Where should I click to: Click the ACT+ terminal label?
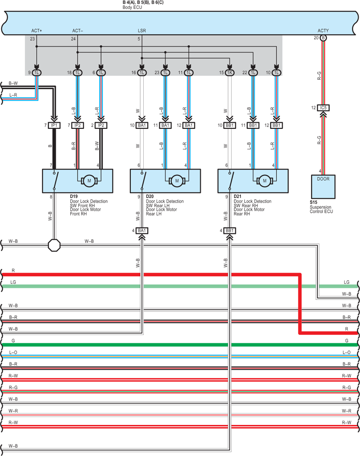(x=36, y=31)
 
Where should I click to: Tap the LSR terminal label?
(x=142, y=31)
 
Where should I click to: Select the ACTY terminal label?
(x=323, y=31)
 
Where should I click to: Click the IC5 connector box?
(x=323, y=108)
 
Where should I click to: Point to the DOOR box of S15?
(x=323, y=187)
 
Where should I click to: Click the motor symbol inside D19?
(x=89, y=181)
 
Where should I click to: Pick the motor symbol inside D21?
(x=264, y=181)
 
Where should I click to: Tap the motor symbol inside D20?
(x=177, y=181)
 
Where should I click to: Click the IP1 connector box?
(x=54, y=125)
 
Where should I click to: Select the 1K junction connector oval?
(x=230, y=73)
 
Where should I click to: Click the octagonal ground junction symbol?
(x=54, y=246)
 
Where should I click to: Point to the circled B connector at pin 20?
(x=323, y=38)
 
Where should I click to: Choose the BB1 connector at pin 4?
(x=230, y=231)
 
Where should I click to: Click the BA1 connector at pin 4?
(x=142, y=231)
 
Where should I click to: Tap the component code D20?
(x=150, y=196)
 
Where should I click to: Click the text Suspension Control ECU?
(x=321, y=209)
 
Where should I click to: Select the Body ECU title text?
(x=132, y=7)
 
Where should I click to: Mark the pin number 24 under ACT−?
(x=73, y=39)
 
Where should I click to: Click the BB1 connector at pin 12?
(x=277, y=125)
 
